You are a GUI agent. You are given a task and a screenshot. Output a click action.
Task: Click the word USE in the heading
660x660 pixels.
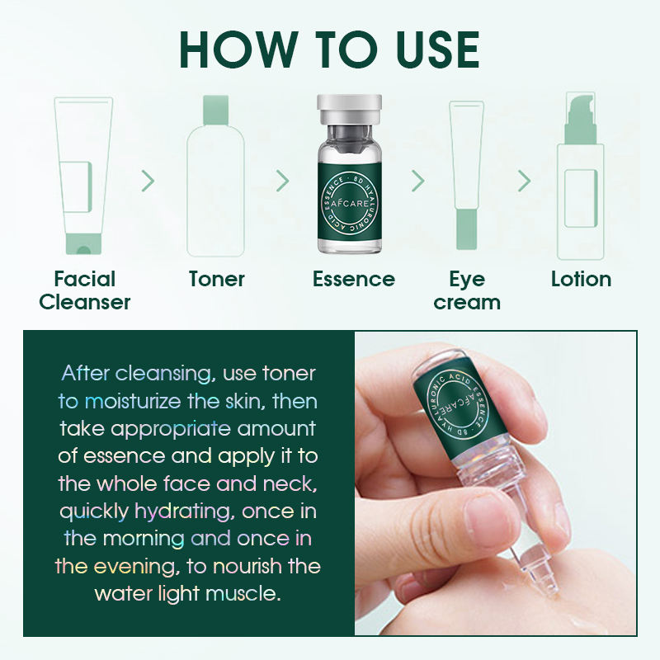point(438,49)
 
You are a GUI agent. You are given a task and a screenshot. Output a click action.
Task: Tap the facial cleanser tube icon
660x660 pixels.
point(84,176)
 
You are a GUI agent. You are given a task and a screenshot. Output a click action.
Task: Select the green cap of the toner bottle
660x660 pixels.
point(216,111)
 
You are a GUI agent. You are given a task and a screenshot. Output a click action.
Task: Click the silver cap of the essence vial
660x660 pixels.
point(349,109)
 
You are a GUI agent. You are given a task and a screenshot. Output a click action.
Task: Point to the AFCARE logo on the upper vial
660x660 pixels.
point(349,203)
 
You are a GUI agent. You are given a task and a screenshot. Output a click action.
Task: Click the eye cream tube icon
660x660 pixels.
point(466,175)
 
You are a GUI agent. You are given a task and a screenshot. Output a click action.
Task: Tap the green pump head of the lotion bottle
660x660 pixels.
point(580,119)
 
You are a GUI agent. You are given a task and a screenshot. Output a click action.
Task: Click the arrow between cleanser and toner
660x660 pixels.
point(148,181)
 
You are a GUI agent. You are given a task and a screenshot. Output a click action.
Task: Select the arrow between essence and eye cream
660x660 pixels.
point(418,181)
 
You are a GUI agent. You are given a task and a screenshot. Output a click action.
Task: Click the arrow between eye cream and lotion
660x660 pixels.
point(524,181)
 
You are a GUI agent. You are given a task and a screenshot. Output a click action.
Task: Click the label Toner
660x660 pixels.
point(217,279)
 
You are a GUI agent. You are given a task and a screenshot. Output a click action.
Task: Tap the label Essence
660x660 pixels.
point(354,279)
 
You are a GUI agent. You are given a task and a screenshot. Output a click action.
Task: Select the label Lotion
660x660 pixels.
point(582,279)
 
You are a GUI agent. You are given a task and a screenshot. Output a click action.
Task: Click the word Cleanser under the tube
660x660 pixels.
point(85,302)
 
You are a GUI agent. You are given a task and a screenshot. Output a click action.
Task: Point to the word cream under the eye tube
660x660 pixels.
point(467,303)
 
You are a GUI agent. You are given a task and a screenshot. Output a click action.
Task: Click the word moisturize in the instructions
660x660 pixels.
point(133,401)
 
